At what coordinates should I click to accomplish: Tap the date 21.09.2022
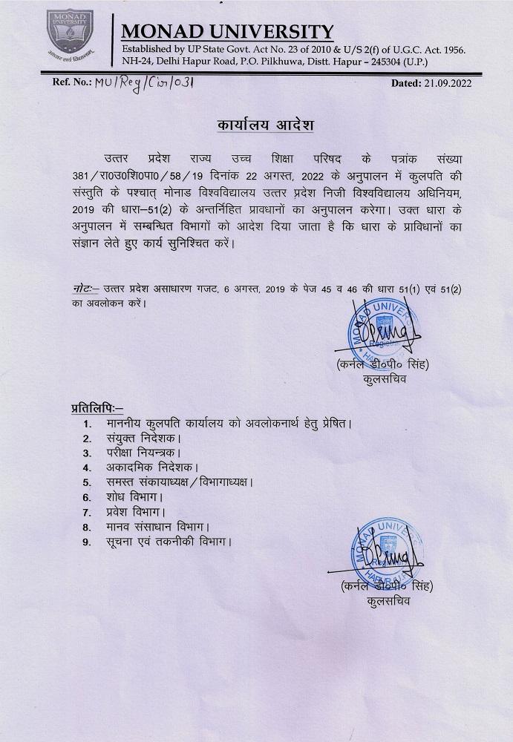pos(442,84)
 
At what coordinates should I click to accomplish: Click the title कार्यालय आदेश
pos(255,125)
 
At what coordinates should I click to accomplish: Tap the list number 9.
pos(87,542)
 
